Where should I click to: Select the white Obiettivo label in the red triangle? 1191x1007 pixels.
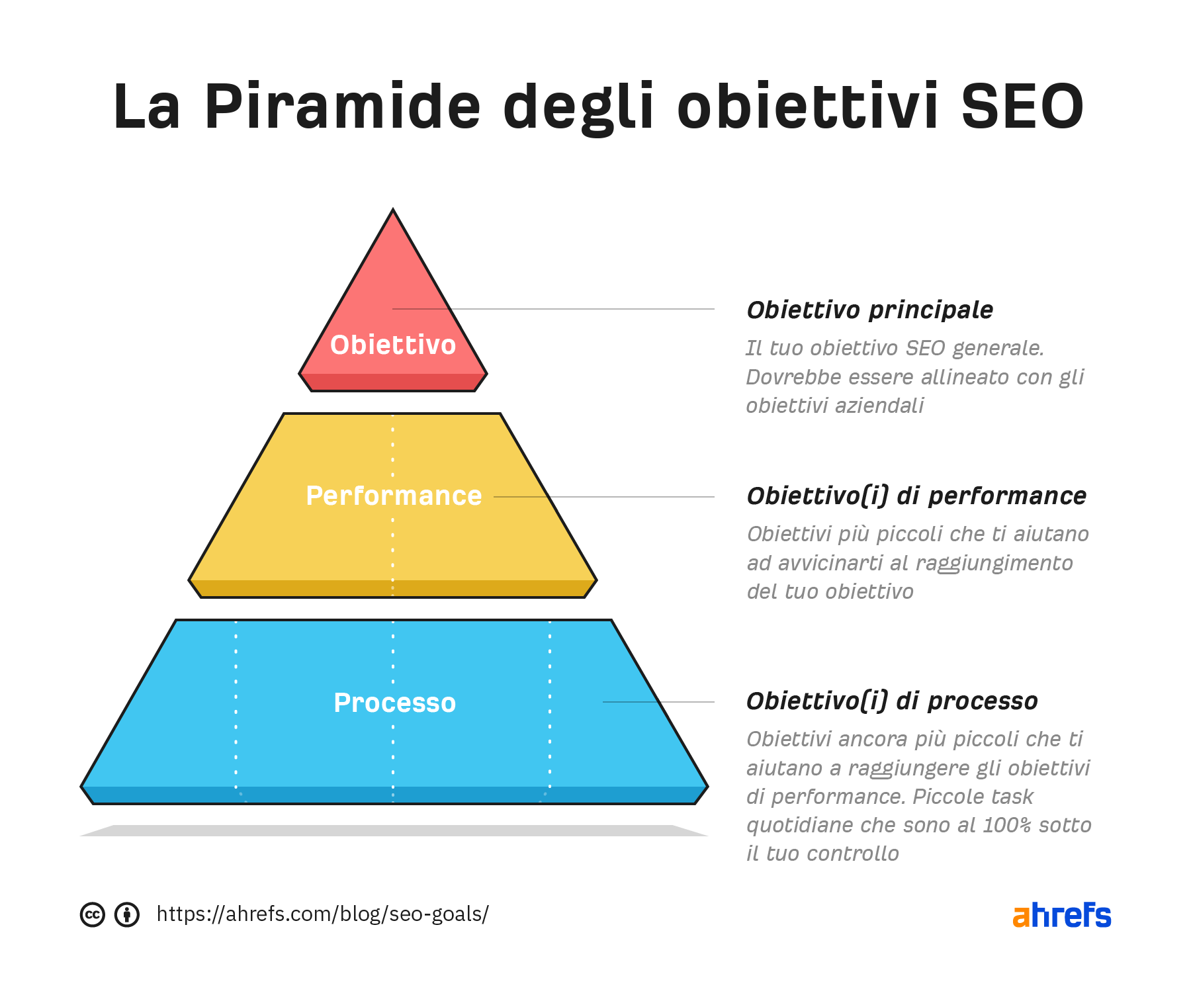click(393, 345)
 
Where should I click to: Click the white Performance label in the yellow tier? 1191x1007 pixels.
click(394, 496)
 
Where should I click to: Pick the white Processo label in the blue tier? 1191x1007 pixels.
click(395, 703)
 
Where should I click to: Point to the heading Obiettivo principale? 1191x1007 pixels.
click(870, 310)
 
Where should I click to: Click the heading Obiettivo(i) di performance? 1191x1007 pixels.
click(916, 496)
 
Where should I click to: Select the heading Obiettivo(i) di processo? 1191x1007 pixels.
click(892, 701)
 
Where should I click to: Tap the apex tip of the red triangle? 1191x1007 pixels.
click(393, 210)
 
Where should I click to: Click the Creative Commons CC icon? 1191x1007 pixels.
click(93, 914)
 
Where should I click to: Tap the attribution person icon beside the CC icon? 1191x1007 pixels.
click(127, 914)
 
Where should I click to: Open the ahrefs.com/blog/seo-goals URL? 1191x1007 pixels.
click(323, 914)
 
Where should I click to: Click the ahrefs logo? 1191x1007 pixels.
click(1062, 915)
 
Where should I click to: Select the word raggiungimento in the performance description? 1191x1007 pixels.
click(994, 564)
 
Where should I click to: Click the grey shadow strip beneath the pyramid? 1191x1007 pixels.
click(394, 830)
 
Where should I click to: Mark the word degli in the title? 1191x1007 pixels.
click(579, 108)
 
